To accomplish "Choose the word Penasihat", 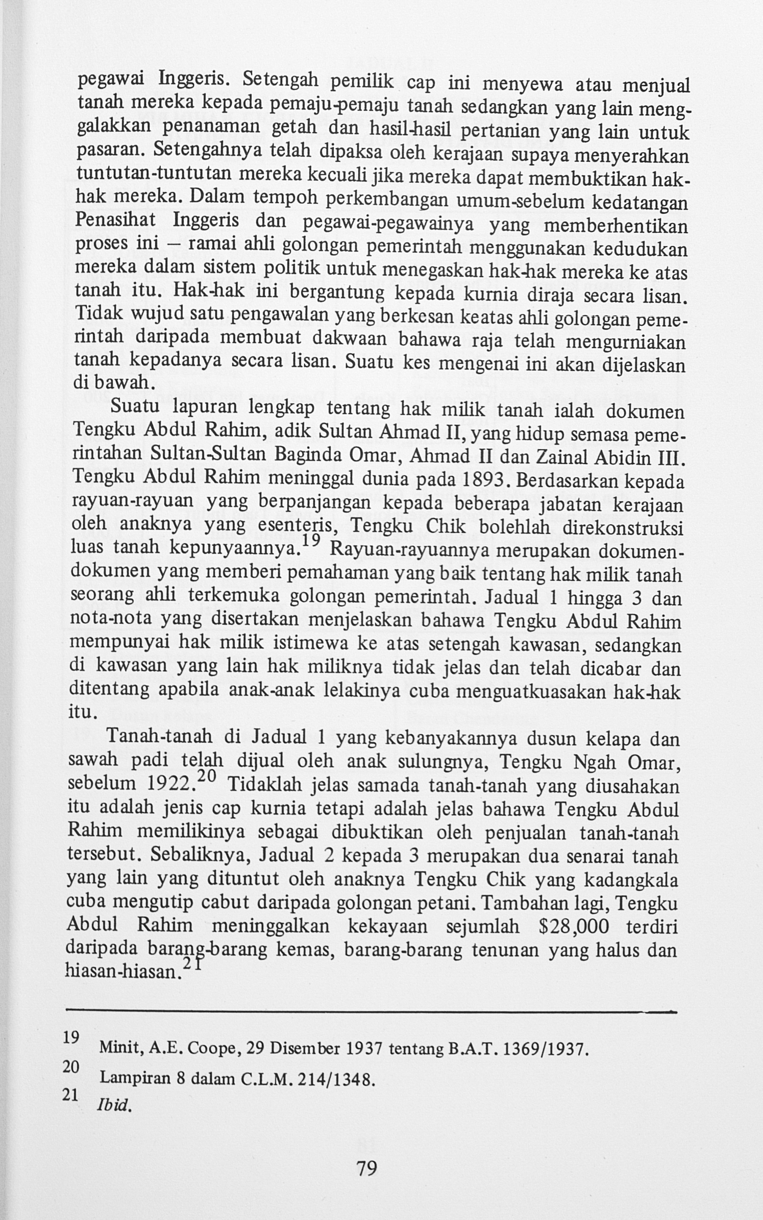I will [116, 222].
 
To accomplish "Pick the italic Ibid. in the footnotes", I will [113, 1105].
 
